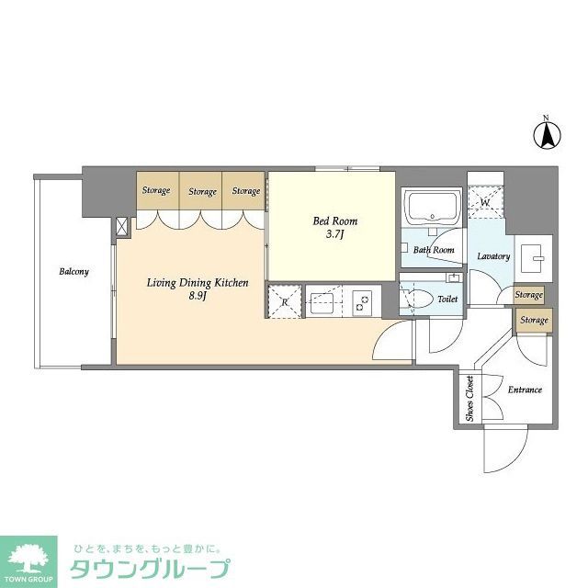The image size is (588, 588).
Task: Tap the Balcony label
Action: click(x=73, y=272)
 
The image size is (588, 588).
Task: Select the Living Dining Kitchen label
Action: click(x=198, y=283)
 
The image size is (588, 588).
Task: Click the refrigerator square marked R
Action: click(x=285, y=301)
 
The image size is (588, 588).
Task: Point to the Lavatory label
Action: click(x=493, y=256)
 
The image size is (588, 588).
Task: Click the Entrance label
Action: click(x=524, y=390)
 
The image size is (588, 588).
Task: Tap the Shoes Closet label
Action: click(x=469, y=400)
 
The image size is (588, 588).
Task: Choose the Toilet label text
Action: click(x=447, y=300)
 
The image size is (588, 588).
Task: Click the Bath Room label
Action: click(x=433, y=250)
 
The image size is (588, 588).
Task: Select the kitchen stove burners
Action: click(x=363, y=300)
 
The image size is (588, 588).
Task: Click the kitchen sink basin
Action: click(x=322, y=300)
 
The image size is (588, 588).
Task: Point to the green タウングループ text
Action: click(x=147, y=569)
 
